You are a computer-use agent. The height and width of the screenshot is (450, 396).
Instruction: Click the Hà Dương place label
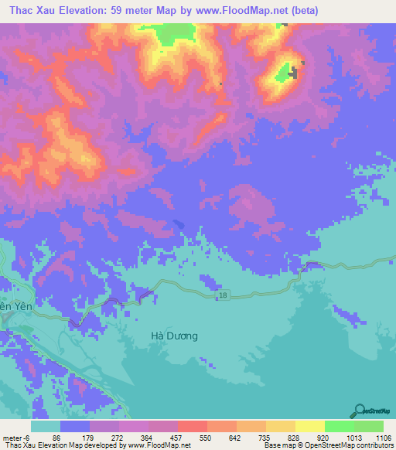(174, 336)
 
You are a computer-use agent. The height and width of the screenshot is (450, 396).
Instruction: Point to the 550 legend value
(206, 438)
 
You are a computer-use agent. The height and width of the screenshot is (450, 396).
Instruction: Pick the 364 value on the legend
(147, 438)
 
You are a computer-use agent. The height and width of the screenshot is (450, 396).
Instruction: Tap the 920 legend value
(323, 438)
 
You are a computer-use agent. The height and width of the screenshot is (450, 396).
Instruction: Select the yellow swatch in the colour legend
(309, 426)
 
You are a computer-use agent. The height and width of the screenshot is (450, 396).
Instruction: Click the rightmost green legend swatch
(368, 426)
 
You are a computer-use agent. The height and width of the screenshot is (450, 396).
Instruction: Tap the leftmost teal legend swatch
(45, 426)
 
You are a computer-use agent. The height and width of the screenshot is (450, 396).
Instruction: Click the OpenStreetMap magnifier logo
(359, 411)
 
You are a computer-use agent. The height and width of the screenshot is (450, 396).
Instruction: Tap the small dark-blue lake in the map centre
(179, 223)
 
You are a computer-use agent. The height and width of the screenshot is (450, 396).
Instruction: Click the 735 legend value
(265, 438)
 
